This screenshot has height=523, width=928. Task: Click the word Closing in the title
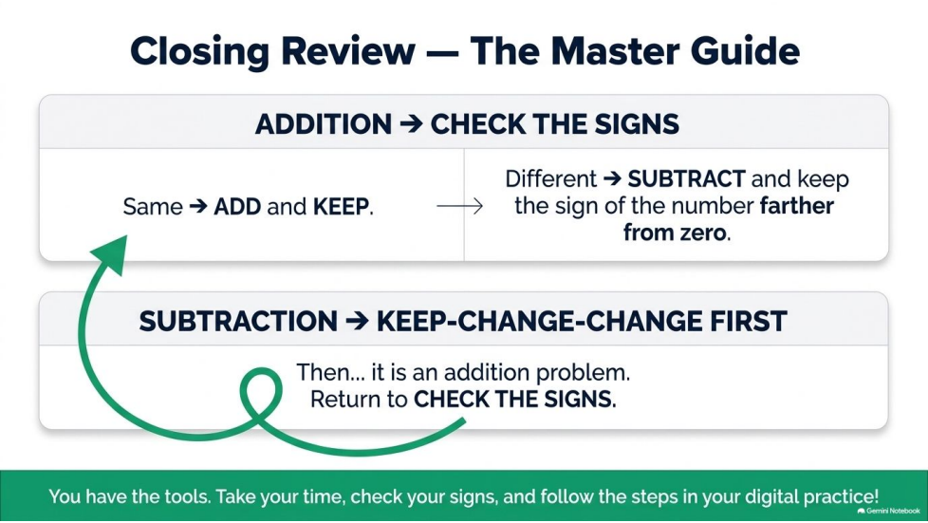200,52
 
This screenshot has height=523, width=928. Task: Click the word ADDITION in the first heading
324,124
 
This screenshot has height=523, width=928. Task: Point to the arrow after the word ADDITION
411,124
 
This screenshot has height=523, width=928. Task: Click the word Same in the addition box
153,207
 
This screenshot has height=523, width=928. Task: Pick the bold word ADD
237,207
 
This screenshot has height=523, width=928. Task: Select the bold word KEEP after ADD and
341,207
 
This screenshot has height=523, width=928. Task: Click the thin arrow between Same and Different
460,206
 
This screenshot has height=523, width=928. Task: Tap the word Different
551,178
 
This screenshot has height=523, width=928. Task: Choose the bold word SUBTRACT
687,178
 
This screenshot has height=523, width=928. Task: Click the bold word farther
797,206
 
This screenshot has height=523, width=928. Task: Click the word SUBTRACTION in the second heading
238,322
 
